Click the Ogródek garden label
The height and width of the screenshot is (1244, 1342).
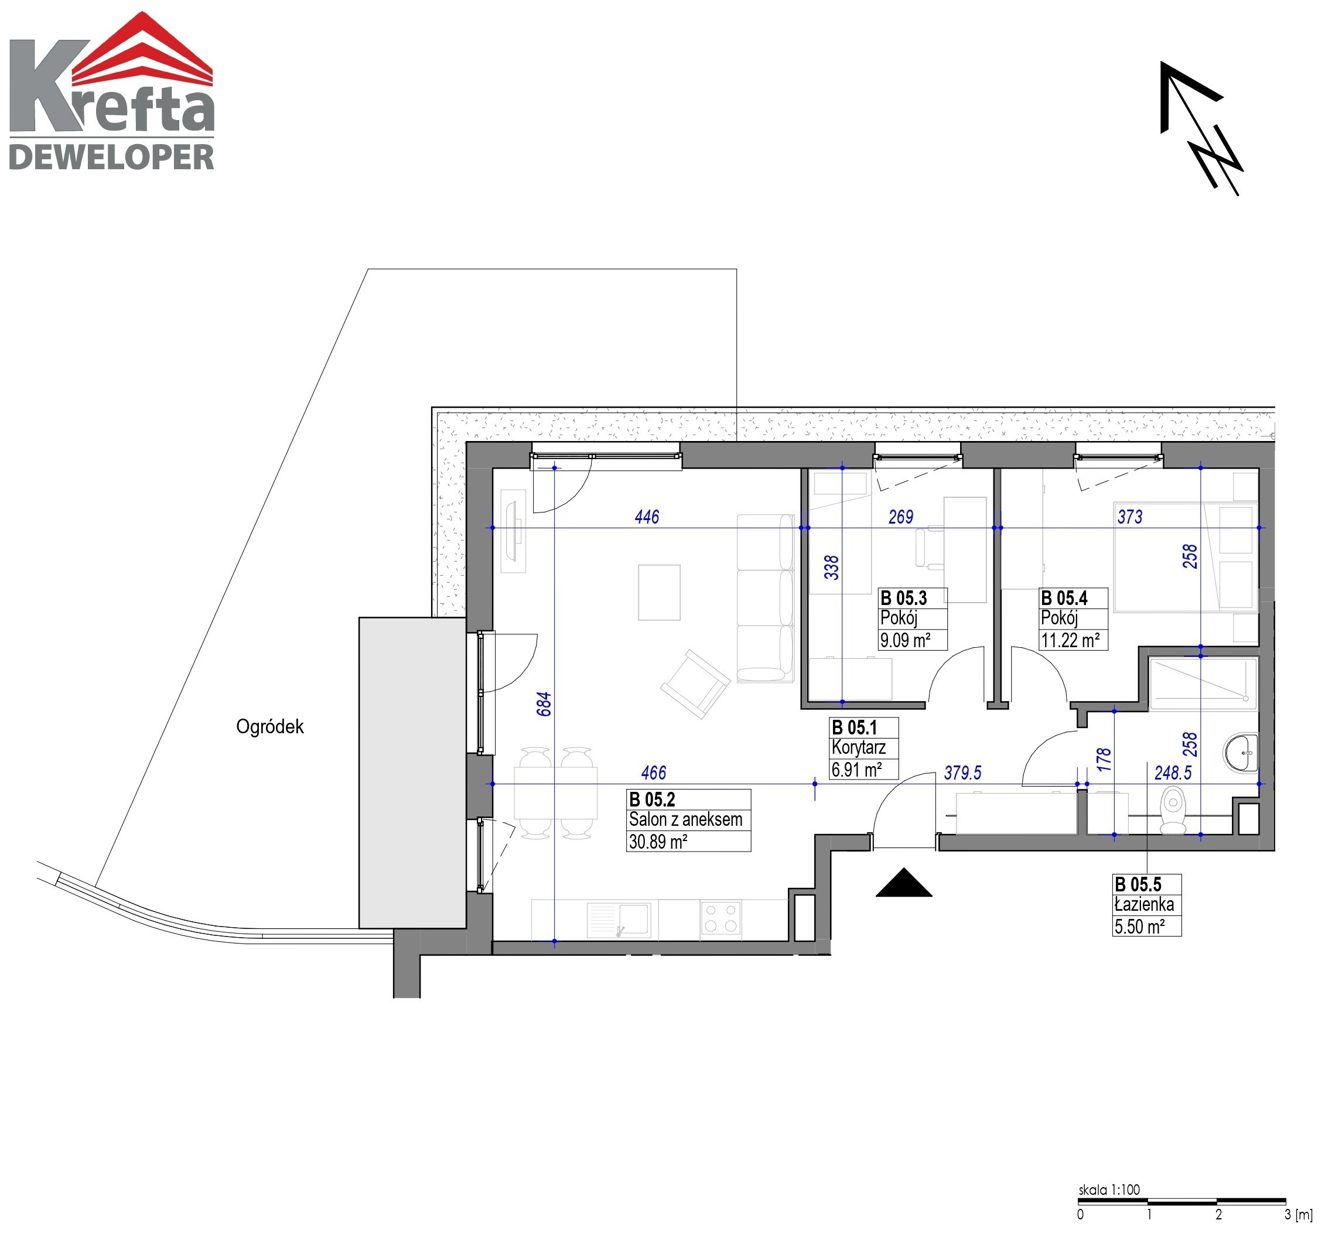[x=269, y=726]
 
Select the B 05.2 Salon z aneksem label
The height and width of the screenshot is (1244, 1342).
[x=688, y=820]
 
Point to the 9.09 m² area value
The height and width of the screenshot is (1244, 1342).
[x=905, y=640]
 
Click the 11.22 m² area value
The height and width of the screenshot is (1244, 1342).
[x=1070, y=640]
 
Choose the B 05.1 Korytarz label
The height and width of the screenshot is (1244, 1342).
[x=864, y=748]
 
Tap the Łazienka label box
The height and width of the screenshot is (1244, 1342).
[x=1146, y=905]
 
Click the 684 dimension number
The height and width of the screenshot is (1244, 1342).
[x=544, y=703]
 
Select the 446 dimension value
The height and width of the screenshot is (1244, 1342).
[x=647, y=517]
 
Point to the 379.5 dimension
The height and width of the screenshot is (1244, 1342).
[x=962, y=773]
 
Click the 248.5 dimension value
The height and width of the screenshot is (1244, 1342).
[x=1172, y=773]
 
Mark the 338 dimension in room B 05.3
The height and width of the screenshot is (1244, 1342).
[x=832, y=567]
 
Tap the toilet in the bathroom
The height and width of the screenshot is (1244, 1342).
[x=1173, y=812]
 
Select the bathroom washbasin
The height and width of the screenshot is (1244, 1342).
[x=1240, y=752]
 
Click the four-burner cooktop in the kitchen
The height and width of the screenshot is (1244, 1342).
[x=720, y=918]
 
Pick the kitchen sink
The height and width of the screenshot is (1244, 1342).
[x=618, y=920]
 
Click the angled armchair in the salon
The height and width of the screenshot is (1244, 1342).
[x=695, y=683]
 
